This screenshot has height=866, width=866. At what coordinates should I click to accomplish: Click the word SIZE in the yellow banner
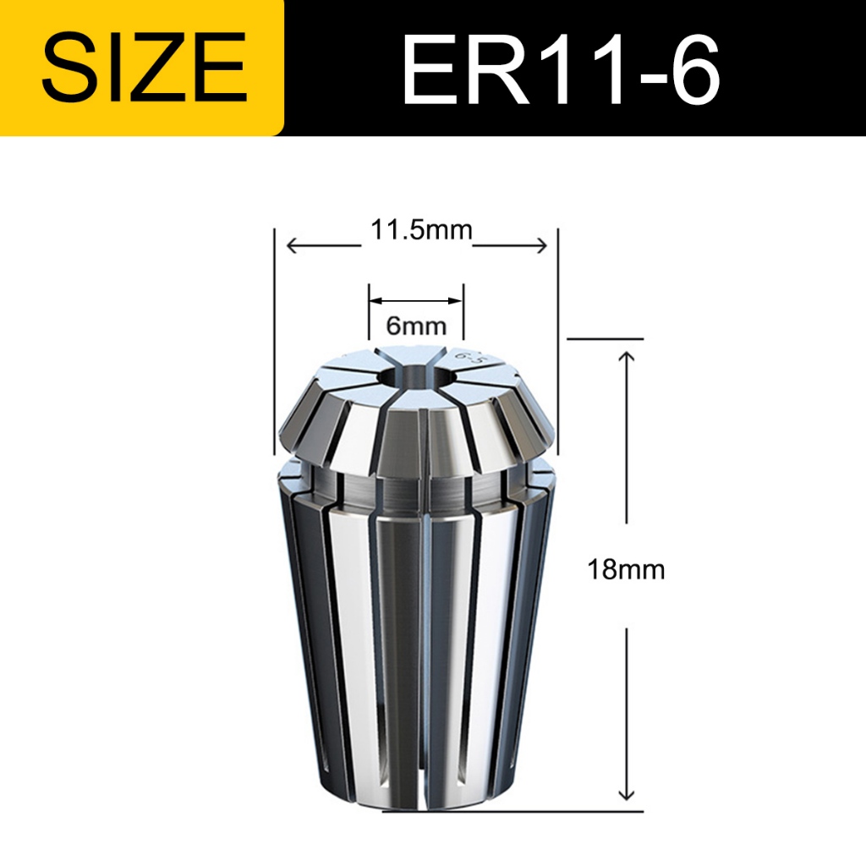[144, 68]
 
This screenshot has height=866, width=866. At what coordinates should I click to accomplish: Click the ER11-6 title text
[562, 69]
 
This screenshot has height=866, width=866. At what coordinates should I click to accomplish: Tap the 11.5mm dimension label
[421, 230]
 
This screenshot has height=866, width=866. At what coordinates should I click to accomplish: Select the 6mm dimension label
[416, 326]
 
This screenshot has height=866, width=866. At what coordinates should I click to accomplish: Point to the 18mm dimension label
[626, 569]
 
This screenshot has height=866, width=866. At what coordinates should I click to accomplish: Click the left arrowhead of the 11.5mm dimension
[293, 246]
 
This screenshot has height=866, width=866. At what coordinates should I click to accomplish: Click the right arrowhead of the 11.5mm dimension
[540, 246]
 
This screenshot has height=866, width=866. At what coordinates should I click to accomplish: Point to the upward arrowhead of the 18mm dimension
[627, 356]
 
